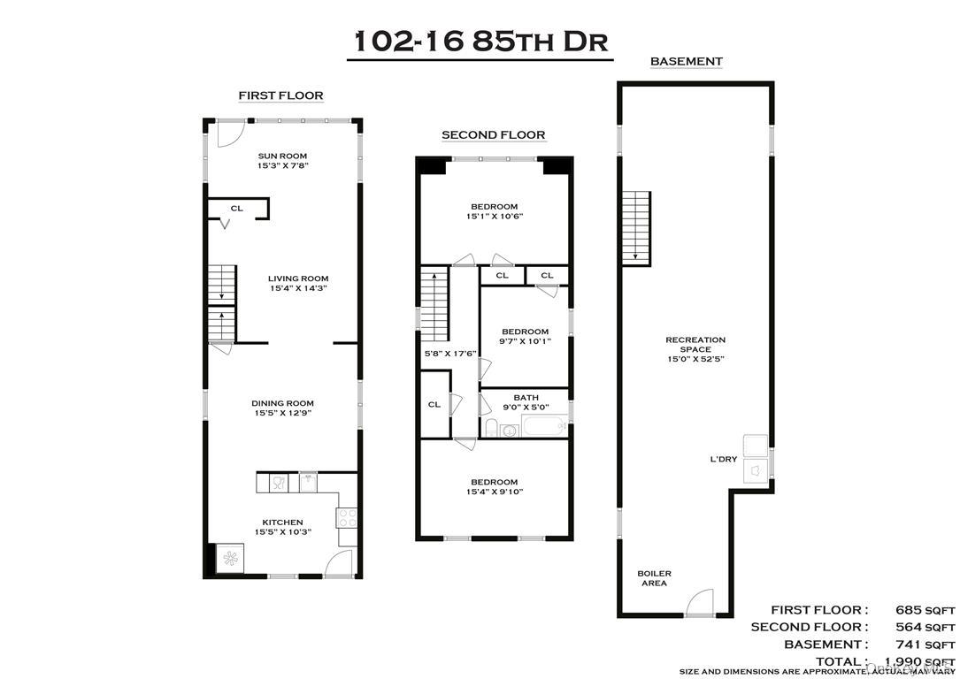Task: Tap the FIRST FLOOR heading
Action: [280, 95]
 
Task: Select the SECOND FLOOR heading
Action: [494, 135]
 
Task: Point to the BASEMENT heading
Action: [686, 62]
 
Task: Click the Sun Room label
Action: [282, 156]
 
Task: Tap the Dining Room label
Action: [282, 403]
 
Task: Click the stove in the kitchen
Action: [347, 517]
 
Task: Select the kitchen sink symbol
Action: [308, 482]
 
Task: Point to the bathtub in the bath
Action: [543, 428]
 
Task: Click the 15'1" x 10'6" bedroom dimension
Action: [493, 217]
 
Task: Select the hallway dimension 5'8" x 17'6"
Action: [450, 354]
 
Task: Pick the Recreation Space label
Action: [695, 339]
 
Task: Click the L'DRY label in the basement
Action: [723, 459]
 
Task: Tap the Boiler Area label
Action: [654, 579]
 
